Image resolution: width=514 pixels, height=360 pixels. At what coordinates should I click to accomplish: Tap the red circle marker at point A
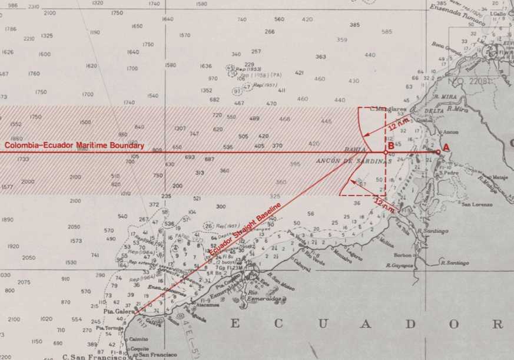pyautogui.click(x=437, y=152)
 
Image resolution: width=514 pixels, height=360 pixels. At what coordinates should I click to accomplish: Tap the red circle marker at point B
pyautogui.click(x=386, y=152)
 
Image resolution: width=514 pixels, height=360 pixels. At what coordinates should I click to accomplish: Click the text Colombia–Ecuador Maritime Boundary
pyautogui.click(x=74, y=146)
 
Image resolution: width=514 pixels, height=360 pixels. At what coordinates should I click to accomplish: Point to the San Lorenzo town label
pyautogui.click(x=474, y=204)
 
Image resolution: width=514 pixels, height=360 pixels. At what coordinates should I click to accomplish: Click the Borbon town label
pyautogui.click(x=403, y=255)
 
